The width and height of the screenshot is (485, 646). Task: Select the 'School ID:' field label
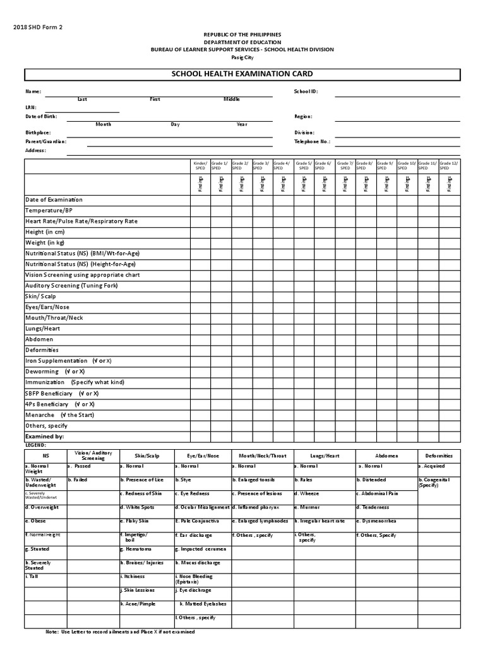pos(306,91)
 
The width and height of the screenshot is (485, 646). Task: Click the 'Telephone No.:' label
pos(312,142)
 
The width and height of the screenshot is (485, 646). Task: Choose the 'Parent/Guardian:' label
pos(45,142)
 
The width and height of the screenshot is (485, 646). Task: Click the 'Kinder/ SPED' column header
pos(200,166)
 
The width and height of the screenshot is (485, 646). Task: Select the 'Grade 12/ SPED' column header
pos(448,166)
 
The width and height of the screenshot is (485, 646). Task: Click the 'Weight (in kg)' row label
pos(45,243)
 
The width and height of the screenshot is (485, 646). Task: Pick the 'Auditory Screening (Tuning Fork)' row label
pos(71,286)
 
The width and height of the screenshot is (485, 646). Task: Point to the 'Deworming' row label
pos(42,372)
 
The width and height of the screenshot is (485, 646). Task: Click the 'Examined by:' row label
pos(44,436)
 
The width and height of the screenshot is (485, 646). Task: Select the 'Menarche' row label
pos(40,414)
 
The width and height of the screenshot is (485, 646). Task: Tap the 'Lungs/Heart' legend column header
pos(325,455)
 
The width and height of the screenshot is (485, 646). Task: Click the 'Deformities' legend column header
pos(438,455)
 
